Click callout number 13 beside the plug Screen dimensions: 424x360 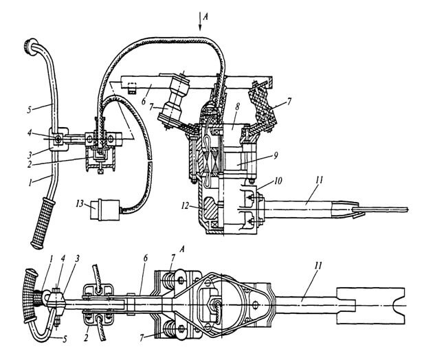tap(80, 203)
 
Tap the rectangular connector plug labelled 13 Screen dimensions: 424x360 tap(105, 210)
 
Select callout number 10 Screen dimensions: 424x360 tap(278, 181)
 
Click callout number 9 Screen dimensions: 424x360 tap(276, 156)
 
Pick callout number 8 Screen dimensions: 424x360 tap(237, 106)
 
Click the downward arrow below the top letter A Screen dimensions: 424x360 tap(200, 21)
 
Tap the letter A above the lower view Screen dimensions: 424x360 tap(182, 249)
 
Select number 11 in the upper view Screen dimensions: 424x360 tap(319, 180)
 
